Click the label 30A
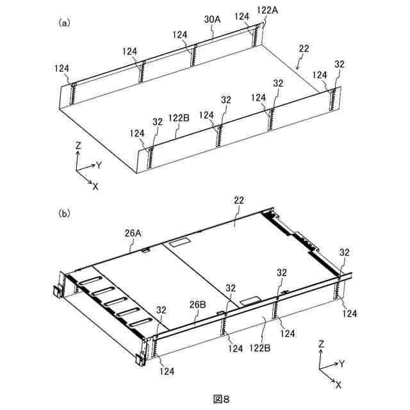212,20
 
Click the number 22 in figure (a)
304,49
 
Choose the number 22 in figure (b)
238,201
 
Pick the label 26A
133,233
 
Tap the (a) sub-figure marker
64,22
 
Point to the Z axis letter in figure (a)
78,146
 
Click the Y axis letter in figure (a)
99,165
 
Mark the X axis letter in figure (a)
95,186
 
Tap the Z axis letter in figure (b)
320,345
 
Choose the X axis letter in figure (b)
338,385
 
